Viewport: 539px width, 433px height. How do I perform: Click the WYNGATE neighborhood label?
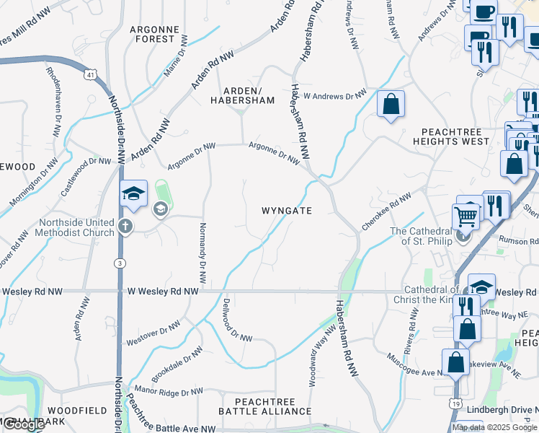[x=287, y=211]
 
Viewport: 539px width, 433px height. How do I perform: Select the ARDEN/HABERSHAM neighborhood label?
[x=242, y=95]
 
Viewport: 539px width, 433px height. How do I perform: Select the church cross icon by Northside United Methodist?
[x=125, y=227]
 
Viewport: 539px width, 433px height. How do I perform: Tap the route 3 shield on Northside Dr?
[x=118, y=263]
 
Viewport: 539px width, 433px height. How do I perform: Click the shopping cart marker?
[x=465, y=214]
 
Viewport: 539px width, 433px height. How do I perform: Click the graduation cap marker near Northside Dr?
[x=133, y=193]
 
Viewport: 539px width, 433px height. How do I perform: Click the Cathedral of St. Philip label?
[x=421, y=236]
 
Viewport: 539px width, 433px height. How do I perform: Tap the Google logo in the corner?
[x=23, y=424]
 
